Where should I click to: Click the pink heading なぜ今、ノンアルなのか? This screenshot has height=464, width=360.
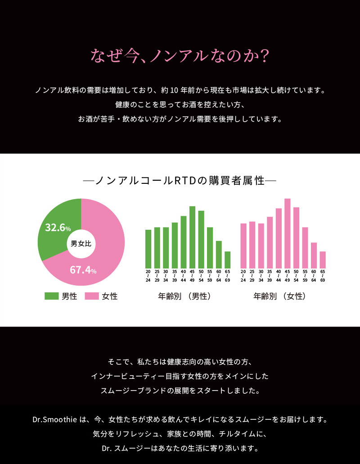point(180,56)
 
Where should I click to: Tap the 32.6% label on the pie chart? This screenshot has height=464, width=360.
point(58,227)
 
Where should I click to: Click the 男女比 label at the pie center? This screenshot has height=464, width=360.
point(81,244)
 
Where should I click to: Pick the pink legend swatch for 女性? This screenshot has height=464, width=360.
point(92,296)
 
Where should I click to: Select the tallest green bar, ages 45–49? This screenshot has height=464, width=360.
point(192,237)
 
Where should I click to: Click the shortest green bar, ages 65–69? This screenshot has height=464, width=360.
point(227,259)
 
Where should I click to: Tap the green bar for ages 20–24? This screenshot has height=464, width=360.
point(148,249)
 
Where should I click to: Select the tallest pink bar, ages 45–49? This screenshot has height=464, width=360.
point(287,233)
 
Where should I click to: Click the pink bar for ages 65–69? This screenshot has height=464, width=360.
point(323,259)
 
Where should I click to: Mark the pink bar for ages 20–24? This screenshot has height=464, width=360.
point(243,246)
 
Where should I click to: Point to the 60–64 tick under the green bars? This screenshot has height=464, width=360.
point(219,276)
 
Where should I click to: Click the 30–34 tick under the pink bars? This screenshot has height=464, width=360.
point(261,276)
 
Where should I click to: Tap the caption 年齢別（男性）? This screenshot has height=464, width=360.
point(184,296)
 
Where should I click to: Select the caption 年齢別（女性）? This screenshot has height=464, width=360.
point(279,296)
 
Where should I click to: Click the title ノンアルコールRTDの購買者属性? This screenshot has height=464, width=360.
point(180,181)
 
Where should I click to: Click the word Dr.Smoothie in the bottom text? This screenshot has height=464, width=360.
point(54,419)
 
